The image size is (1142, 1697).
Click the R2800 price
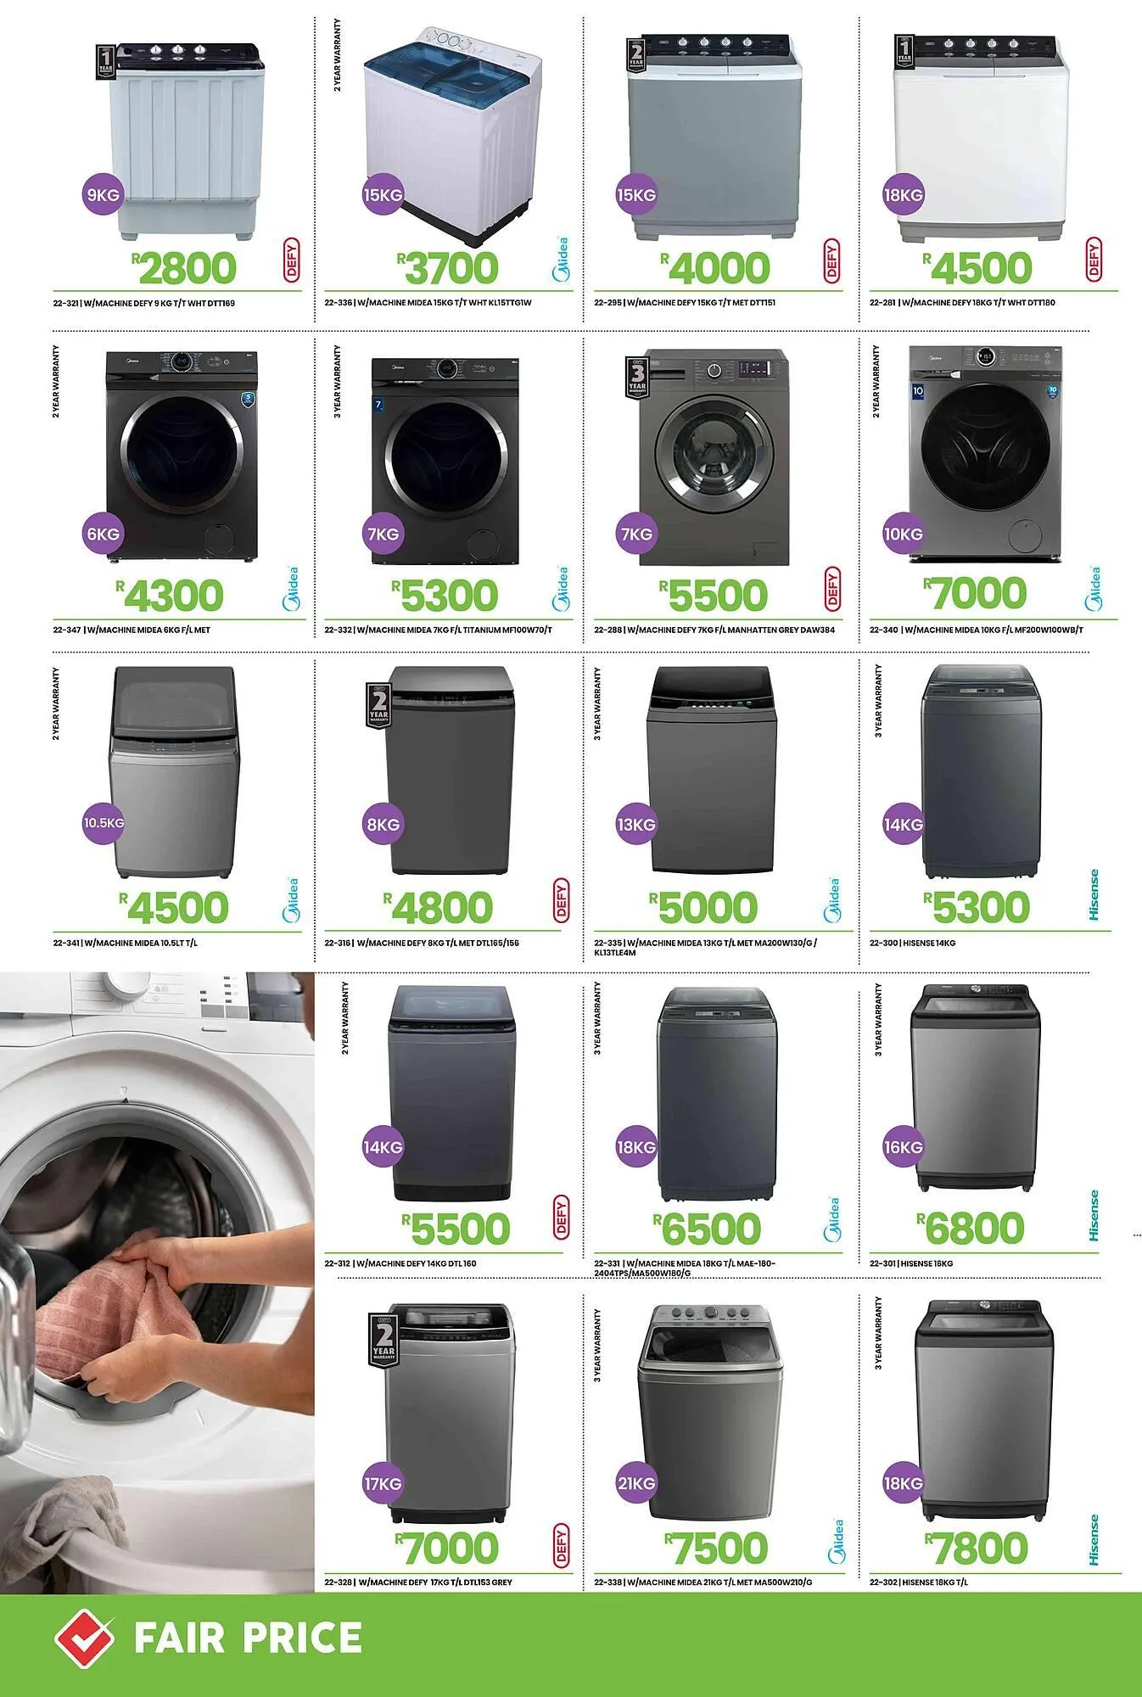[x=185, y=268]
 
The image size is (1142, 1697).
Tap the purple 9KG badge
[x=103, y=194]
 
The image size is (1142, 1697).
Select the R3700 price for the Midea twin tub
[x=448, y=268]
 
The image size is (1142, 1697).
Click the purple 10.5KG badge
[x=104, y=823]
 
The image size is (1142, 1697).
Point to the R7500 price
[x=717, y=1548]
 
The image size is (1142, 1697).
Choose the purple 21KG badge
[x=635, y=1483]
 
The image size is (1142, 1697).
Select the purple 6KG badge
[x=103, y=534]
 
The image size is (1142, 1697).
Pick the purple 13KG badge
[x=635, y=824]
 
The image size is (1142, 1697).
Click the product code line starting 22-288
[x=714, y=630]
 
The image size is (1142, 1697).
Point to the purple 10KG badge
[x=903, y=534]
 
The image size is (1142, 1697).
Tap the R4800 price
[x=439, y=908]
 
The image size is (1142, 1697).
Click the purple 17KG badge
[x=383, y=1483]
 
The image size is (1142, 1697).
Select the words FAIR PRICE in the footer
[x=248, y=1638]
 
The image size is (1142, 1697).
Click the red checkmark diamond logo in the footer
[x=84, y=1638]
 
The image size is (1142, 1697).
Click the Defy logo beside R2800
[x=292, y=260]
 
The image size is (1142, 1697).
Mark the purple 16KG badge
[x=903, y=1146]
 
